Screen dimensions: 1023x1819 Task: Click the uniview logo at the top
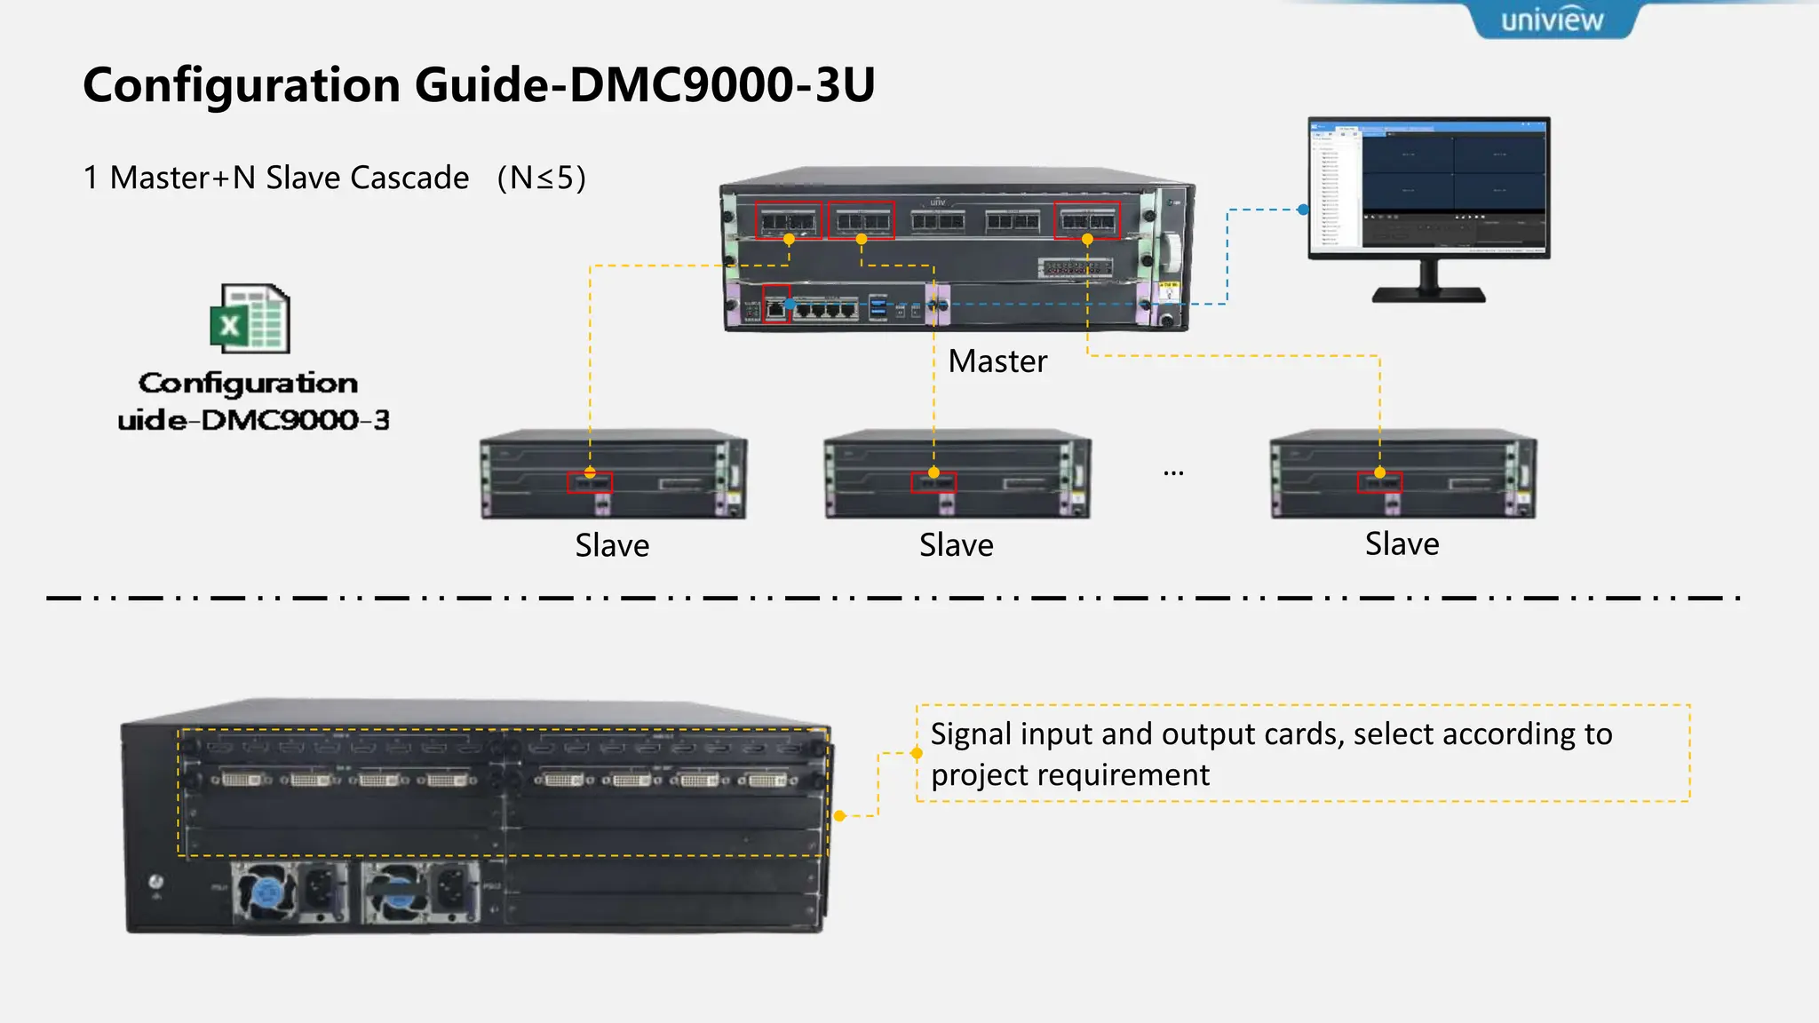coord(1552,20)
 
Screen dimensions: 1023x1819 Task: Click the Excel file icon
coord(250,319)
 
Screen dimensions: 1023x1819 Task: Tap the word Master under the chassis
coord(997,361)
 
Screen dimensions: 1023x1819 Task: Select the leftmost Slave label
coord(612,544)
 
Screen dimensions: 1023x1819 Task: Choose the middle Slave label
coord(956,544)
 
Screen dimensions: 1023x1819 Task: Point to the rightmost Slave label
coord(1402,543)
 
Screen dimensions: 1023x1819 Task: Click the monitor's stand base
coord(1428,294)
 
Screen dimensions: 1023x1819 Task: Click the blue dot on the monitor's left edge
coord(1302,210)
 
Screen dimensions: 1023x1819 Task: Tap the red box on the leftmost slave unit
coord(590,483)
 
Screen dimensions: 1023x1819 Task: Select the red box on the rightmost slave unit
coord(1379,483)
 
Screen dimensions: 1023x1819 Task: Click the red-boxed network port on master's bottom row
coord(775,307)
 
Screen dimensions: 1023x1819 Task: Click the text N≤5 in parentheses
coord(541,178)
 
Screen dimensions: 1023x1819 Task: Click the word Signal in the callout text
coord(971,734)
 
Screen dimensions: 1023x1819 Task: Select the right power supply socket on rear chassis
coord(451,889)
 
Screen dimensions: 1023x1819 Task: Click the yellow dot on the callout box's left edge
coord(917,753)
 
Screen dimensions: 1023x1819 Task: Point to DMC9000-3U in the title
coord(721,85)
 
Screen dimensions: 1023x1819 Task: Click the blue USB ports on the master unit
coord(878,307)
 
